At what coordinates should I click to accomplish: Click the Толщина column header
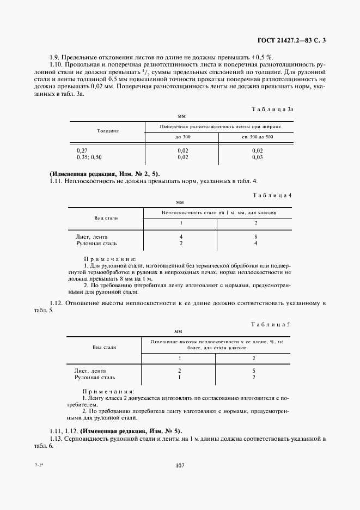[x=108, y=131]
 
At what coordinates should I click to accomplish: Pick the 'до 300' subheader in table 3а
[x=182, y=136]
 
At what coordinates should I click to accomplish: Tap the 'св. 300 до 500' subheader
[x=257, y=136]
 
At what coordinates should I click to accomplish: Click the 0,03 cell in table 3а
[x=257, y=157]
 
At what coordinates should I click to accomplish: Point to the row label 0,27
[x=82, y=150]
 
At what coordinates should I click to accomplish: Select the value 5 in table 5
[x=254, y=371]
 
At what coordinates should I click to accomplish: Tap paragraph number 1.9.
[x=54, y=57]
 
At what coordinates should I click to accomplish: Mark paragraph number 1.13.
[x=56, y=439]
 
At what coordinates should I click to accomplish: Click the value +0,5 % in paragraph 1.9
[x=263, y=57]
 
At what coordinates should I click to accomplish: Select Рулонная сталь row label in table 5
[x=95, y=377]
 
